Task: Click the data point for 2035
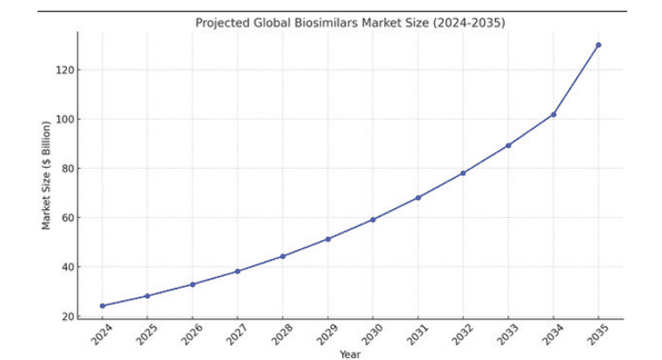(598, 45)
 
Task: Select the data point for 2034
(553, 114)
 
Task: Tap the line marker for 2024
(102, 306)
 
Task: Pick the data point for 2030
(373, 219)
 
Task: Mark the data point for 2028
(282, 256)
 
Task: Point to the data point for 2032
(463, 172)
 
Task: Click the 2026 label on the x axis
(191, 334)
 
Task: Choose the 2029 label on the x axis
(326, 334)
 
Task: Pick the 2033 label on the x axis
(507, 334)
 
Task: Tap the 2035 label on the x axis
(597, 334)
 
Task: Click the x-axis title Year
(350, 355)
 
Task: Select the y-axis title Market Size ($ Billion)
(46, 175)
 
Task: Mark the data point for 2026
(192, 284)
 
